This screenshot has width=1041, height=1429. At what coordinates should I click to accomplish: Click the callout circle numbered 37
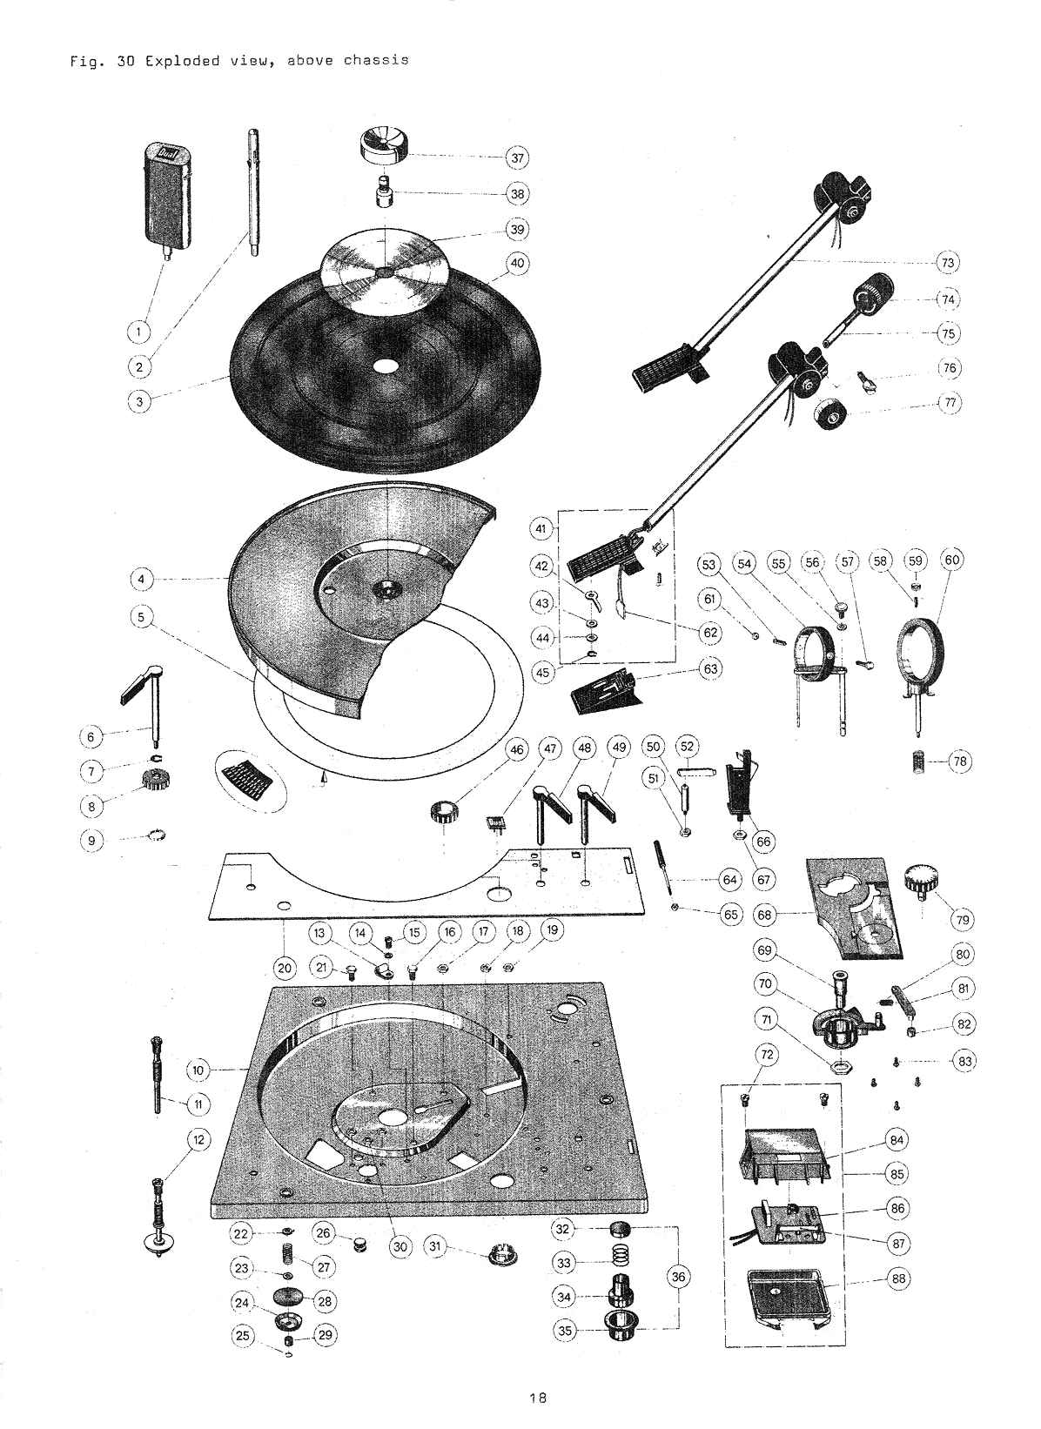point(518,158)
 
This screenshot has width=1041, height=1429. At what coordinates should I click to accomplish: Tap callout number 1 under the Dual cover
point(138,332)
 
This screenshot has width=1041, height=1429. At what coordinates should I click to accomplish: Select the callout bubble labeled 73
point(947,262)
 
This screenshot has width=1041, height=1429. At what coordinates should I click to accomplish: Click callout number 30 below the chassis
point(400,1246)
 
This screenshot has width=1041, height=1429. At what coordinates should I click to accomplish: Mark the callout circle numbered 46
point(517,748)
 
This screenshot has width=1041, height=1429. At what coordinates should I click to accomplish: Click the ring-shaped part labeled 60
point(921,650)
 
